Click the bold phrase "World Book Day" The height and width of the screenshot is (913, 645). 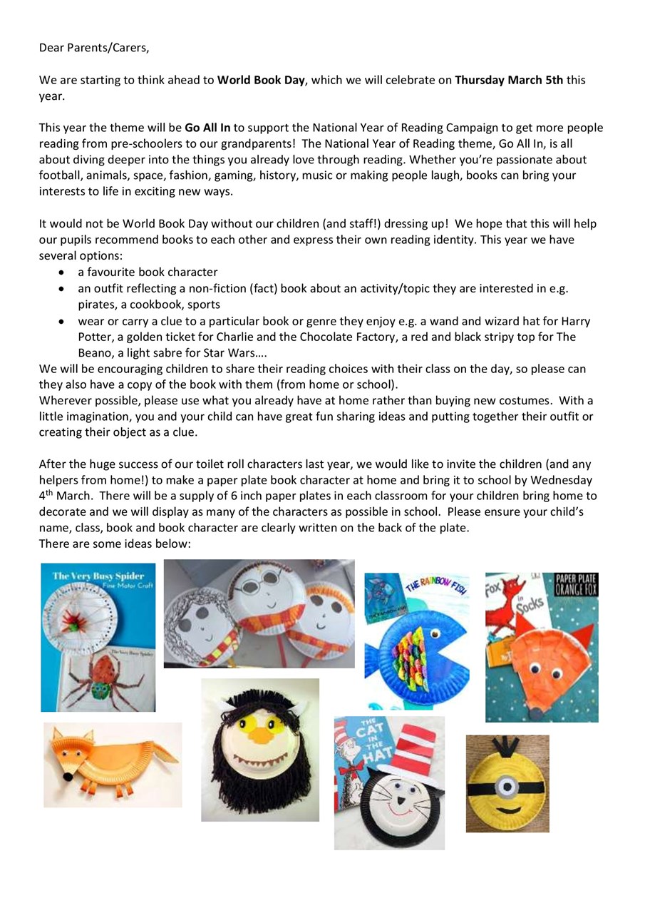(262, 80)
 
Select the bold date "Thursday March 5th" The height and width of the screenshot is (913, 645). (509, 80)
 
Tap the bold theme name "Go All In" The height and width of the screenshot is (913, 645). (207, 128)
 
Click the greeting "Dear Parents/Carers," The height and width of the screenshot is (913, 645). (94, 48)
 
